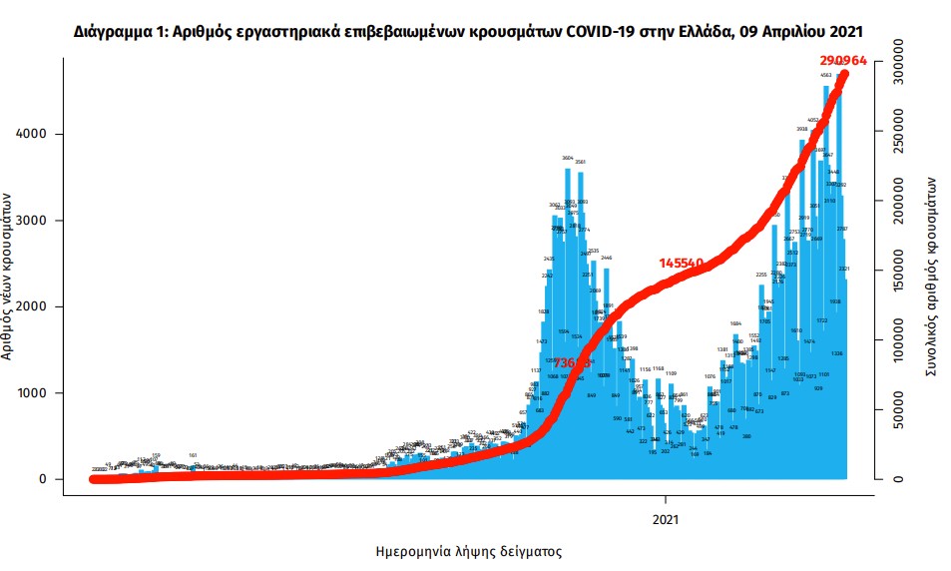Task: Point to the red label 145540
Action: (682, 263)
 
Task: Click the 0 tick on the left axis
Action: (45, 479)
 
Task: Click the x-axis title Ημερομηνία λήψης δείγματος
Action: (468, 551)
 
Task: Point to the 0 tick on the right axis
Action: (899, 479)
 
